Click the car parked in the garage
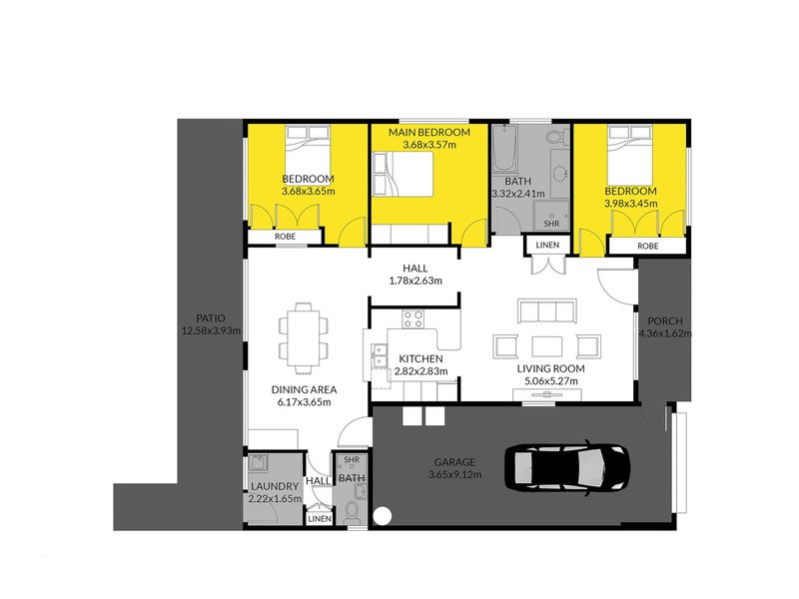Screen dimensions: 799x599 [567, 466]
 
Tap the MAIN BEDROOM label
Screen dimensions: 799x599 [429, 133]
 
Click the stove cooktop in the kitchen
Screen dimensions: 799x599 [412, 318]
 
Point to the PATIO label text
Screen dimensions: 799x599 [211, 318]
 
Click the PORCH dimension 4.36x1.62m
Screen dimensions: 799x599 [665, 333]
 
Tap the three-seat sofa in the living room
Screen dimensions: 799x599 [546, 310]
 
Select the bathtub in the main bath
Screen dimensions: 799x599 [505, 149]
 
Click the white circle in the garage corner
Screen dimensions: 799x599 [383, 516]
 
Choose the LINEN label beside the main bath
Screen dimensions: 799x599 [547, 245]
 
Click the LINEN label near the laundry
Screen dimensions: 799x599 [320, 519]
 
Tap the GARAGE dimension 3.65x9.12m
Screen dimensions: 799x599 [455, 475]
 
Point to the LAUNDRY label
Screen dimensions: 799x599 [275, 486]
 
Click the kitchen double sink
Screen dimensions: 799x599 [379, 355]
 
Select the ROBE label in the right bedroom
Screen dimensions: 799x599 [647, 246]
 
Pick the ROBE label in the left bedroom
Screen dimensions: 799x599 [285, 237]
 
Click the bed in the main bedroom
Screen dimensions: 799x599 [403, 174]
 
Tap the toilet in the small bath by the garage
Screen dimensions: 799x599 [352, 513]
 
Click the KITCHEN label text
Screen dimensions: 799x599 [420, 358]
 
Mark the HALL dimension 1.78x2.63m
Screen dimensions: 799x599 [415, 281]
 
